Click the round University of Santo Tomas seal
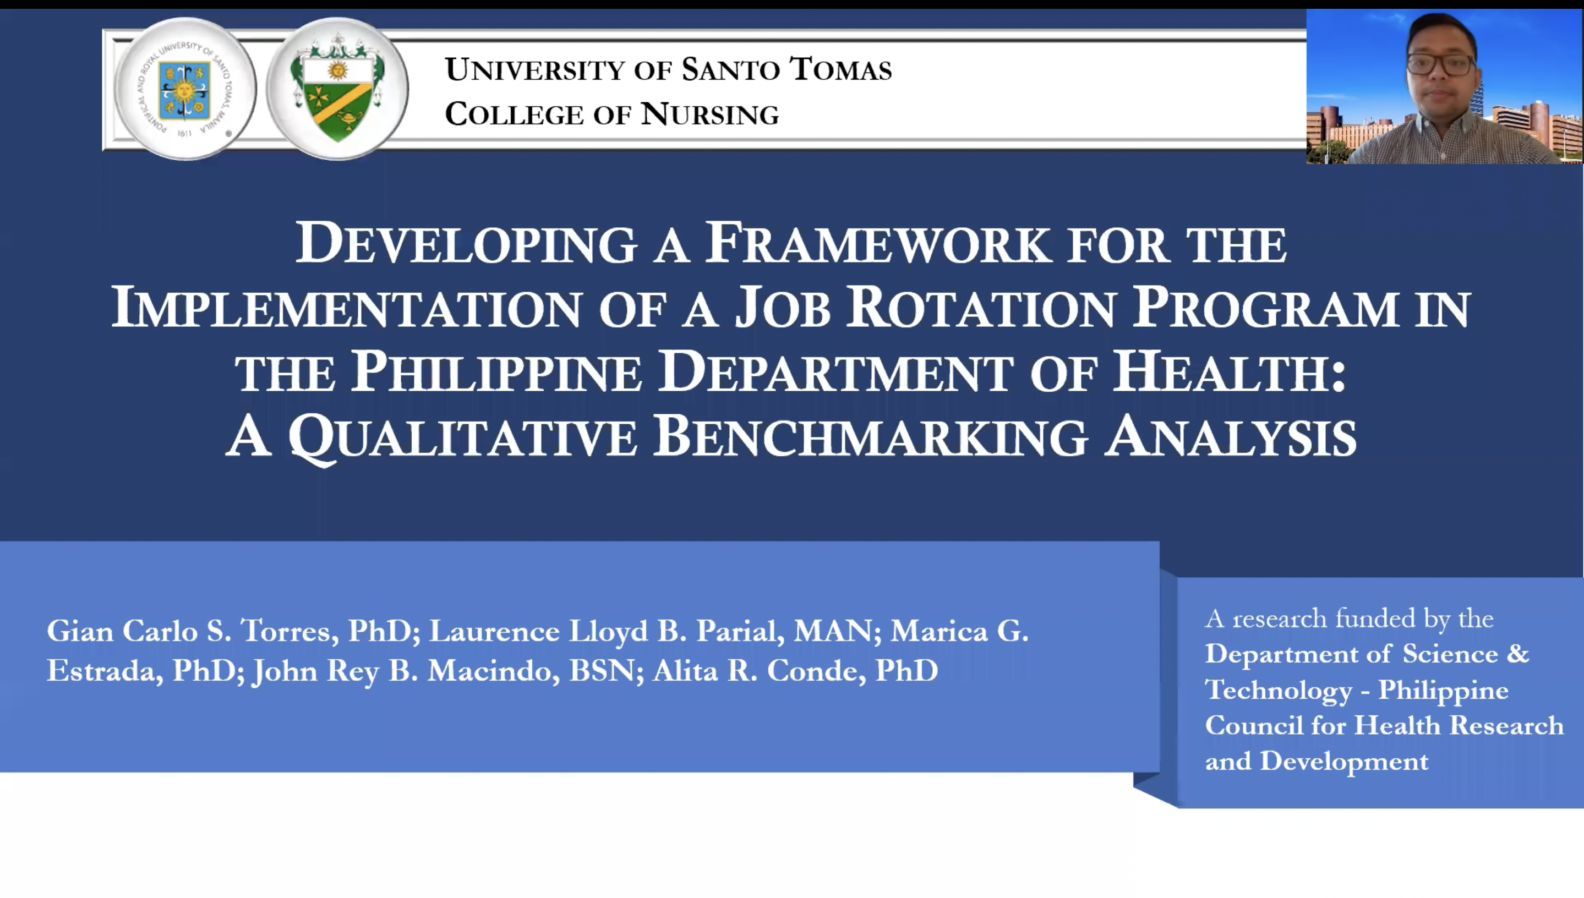pos(185,89)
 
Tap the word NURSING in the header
pos(709,114)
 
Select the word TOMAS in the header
pos(841,69)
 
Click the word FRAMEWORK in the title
pos(877,243)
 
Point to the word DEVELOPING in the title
pos(466,244)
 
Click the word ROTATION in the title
pos(980,306)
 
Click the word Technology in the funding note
pos(1279,690)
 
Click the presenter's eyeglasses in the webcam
pos(1441,64)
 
